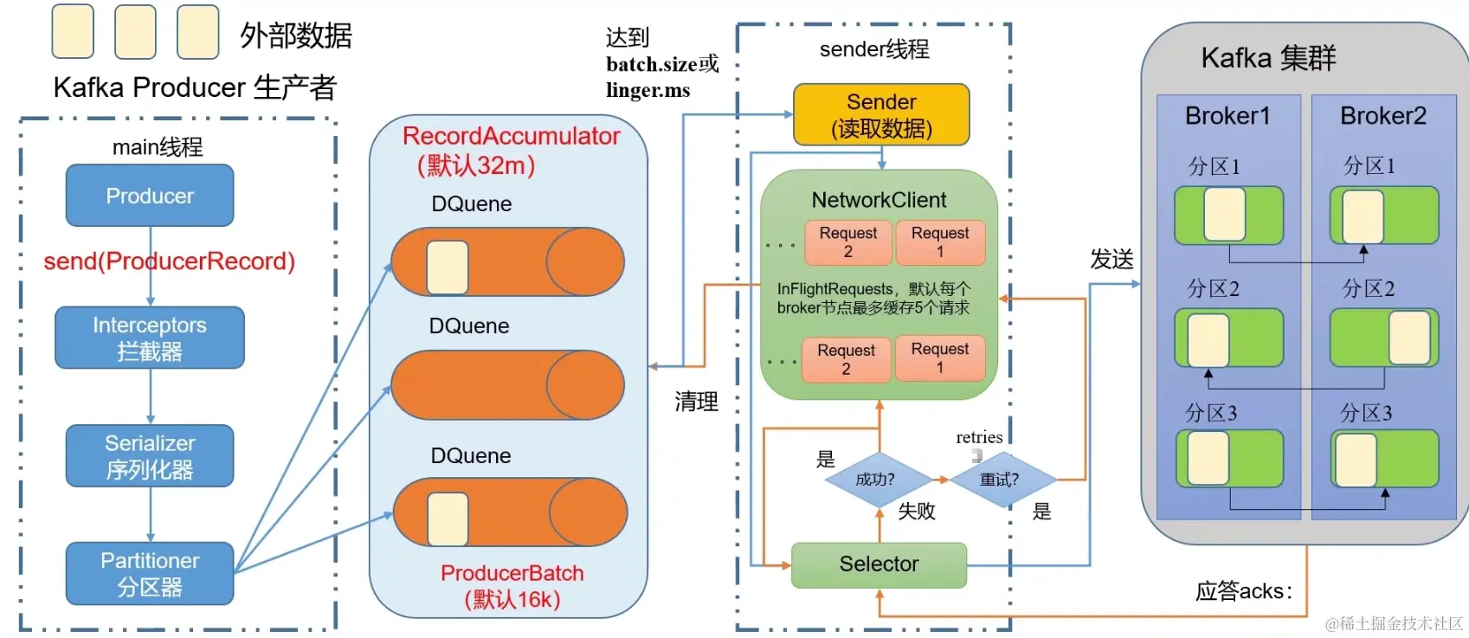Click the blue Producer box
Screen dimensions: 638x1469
pyautogui.click(x=150, y=196)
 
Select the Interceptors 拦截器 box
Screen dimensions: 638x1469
pyautogui.click(x=150, y=338)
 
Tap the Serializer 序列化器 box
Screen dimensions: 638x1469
pyautogui.click(x=150, y=456)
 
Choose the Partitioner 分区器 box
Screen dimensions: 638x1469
pyautogui.click(x=150, y=573)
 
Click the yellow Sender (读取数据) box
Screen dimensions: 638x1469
pyautogui.click(x=881, y=114)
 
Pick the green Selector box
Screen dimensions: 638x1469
pyautogui.click(x=879, y=564)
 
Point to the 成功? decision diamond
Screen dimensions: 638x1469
pyautogui.click(x=876, y=479)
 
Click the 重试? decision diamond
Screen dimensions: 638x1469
pyautogui.click(x=1001, y=479)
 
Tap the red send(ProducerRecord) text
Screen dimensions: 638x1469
pyautogui.click(x=170, y=261)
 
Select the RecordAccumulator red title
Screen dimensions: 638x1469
pyautogui.click(x=511, y=136)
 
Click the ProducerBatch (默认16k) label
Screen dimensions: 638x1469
pyautogui.click(x=512, y=585)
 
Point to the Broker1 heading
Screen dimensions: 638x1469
pyautogui.click(x=1227, y=116)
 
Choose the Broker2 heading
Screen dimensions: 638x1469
pyautogui.click(x=1383, y=116)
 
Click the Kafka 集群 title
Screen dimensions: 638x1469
pyautogui.click(x=1268, y=58)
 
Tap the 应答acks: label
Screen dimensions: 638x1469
pyautogui.click(x=1243, y=591)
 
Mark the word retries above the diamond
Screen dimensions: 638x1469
pyautogui.click(x=979, y=437)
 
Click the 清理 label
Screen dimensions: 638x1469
pyautogui.click(x=697, y=402)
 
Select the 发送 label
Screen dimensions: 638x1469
pyautogui.click(x=1111, y=259)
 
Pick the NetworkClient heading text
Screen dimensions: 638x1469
pyautogui.click(x=879, y=200)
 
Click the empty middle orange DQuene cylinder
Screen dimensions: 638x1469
pyautogui.click(x=507, y=385)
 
